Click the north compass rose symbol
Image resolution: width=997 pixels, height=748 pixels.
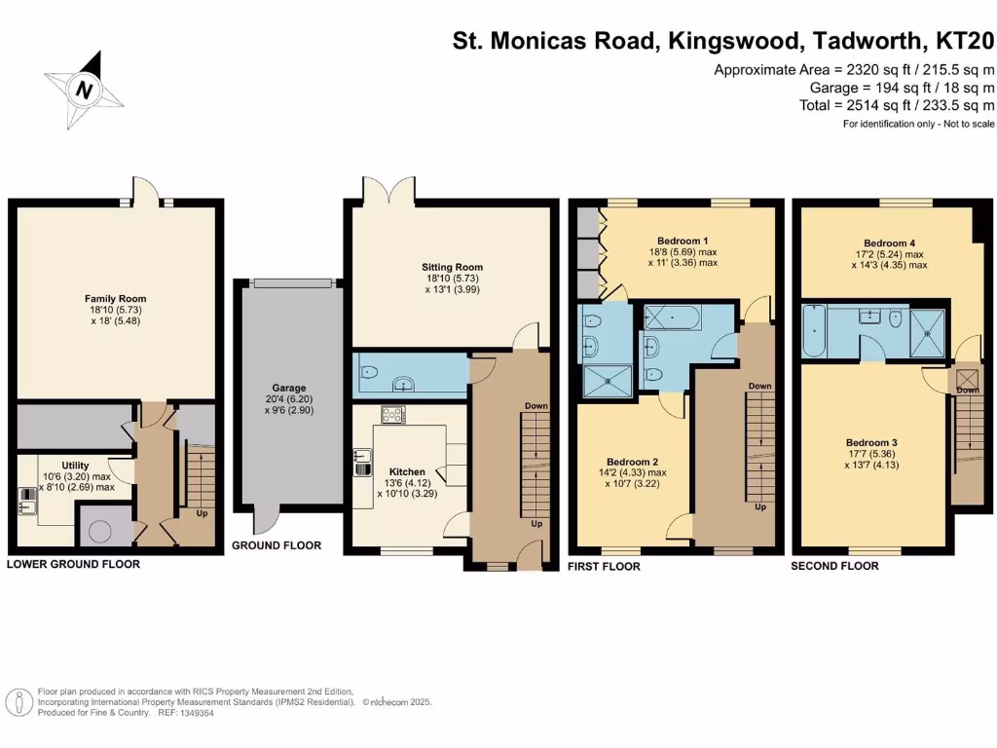(x=85, y=91)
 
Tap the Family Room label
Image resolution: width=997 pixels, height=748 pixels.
(x=114, y=299)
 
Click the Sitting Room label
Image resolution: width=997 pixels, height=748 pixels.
(x=452, y=267)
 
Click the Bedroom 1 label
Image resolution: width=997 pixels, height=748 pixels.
(x=683, y=241)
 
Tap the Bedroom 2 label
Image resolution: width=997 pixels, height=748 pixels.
(x=633, y=462)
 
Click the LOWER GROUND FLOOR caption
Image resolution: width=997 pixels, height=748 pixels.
(x=73, y=564)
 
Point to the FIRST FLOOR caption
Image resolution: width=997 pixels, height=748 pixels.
(x=604, y=566)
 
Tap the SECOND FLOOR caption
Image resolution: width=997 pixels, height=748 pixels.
(x=834, y=566)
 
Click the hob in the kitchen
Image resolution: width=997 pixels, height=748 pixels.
(x=393, y=414)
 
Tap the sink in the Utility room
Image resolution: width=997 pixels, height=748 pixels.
(x=25, y=505)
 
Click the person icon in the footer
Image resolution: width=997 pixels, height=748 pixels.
(x=18, y=701)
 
